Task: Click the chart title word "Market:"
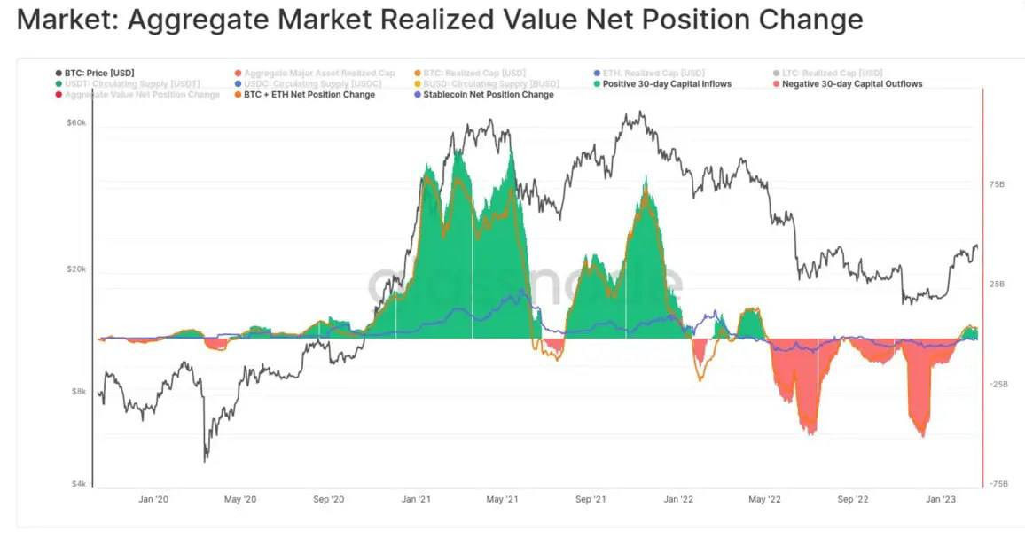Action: coord(67,19)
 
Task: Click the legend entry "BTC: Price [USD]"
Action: coord(98,73)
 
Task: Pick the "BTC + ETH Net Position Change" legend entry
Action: coord(309,95)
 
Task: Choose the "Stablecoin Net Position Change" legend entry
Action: coord(488,95)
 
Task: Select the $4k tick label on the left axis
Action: coord(80,484)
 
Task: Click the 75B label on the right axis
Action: coord(997,184)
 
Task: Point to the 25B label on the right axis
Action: coord(997,285)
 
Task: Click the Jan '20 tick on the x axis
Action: coord(154,500)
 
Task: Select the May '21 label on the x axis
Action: coord(502,500)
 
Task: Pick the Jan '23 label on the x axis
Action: coord(940,500)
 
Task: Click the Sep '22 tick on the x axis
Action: coord(853,500)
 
